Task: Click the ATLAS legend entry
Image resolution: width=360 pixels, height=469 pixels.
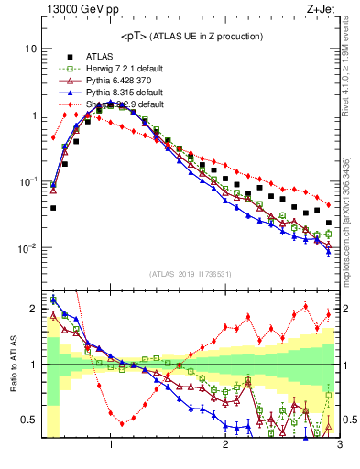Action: coord(101,57)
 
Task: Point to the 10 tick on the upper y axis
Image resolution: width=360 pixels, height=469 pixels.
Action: coord(30,48)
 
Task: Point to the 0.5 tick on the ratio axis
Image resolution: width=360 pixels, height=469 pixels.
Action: coord(29,420)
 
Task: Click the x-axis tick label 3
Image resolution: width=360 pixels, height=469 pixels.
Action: coord(339,445)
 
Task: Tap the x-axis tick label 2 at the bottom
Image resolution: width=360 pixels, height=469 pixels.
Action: coord(225,445)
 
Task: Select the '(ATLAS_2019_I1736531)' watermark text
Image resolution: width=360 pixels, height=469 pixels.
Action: coord(191,274)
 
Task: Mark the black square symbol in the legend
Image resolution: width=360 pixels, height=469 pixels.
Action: coord(70,57)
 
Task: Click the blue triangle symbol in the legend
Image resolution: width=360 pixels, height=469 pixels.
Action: coord(70,93)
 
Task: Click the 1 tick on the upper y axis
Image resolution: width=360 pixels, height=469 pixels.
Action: coord(33,115)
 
